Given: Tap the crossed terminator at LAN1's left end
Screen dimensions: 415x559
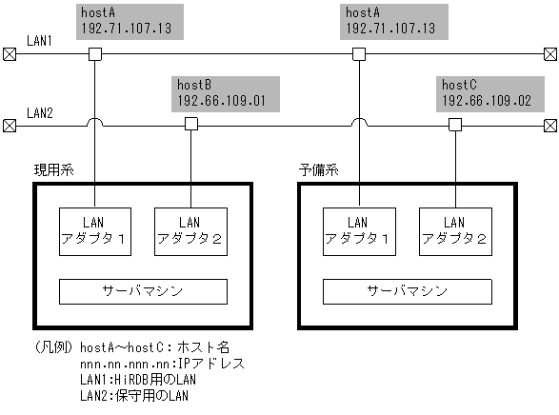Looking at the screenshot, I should (10, 54).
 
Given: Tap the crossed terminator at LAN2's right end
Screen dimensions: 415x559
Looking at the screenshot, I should (549, 125).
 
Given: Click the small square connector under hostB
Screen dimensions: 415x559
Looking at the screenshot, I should (190, 125).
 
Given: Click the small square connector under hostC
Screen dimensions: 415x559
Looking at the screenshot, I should (454, 125).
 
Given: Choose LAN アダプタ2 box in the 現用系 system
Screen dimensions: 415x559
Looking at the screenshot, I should (190, 231).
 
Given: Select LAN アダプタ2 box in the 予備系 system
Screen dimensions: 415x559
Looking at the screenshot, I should (454, 231).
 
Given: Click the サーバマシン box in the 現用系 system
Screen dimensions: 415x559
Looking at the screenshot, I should (143, 290).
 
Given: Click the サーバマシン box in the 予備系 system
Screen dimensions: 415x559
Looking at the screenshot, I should (407, 290).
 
